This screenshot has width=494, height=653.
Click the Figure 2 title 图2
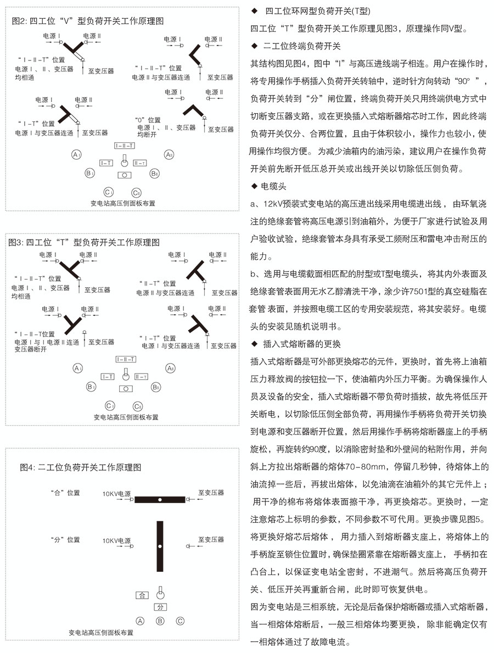point(20,21)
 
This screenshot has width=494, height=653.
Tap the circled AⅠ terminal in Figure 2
point(77,155)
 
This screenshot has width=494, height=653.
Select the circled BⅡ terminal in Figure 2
point(155,174)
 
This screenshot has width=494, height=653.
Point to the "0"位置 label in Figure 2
point(148,120)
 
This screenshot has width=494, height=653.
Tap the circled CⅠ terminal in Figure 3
point(110,406)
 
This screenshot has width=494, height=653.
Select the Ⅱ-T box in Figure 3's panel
point(141,377)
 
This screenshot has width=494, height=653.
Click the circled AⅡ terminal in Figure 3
point(171,368)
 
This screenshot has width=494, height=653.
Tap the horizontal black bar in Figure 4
point(160,500)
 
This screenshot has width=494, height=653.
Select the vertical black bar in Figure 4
point(160,546)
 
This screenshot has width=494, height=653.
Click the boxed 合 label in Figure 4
point(142,595)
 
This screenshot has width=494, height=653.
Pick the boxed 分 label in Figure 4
point(160,607)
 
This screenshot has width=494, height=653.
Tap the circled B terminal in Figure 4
point(160,622)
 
